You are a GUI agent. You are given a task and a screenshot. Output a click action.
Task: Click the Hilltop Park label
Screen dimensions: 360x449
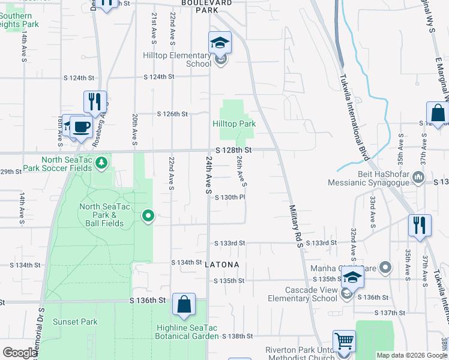coord(234,124)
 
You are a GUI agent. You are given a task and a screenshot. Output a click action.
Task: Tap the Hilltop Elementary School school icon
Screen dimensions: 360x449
coord(220,43)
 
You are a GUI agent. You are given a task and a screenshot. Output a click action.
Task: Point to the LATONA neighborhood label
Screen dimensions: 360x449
coord(222,265)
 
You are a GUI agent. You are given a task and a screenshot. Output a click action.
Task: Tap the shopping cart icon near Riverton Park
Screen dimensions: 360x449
coord(345,341)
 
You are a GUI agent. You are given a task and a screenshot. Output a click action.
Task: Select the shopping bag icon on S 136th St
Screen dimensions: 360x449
coord(184,305)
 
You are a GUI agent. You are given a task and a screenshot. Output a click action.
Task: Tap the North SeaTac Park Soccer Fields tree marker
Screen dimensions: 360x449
coord(102,162)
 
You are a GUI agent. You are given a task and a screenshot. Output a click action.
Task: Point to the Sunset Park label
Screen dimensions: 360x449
coord(75,322)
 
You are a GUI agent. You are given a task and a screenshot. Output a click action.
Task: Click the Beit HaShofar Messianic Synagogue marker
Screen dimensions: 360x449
coord(419,178)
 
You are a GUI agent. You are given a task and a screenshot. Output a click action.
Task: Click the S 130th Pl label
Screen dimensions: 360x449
coord(231,197)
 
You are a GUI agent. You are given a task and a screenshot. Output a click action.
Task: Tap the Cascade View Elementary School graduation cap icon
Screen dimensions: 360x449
coord(353,277)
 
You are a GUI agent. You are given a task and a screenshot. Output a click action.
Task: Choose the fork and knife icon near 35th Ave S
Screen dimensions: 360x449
coord(419,225)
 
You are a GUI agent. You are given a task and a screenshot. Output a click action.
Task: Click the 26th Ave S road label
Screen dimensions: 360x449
coord(241,170)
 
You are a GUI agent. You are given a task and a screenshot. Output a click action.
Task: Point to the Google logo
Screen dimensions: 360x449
coord(19,353)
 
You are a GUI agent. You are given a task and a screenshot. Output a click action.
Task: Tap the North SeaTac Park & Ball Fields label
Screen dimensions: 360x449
coord(102,215)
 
